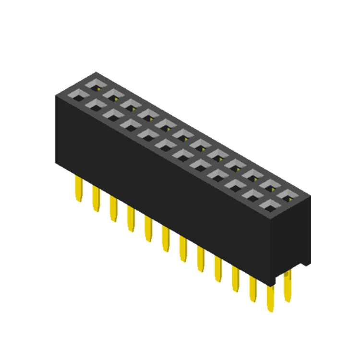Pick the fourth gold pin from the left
(131, 219)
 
